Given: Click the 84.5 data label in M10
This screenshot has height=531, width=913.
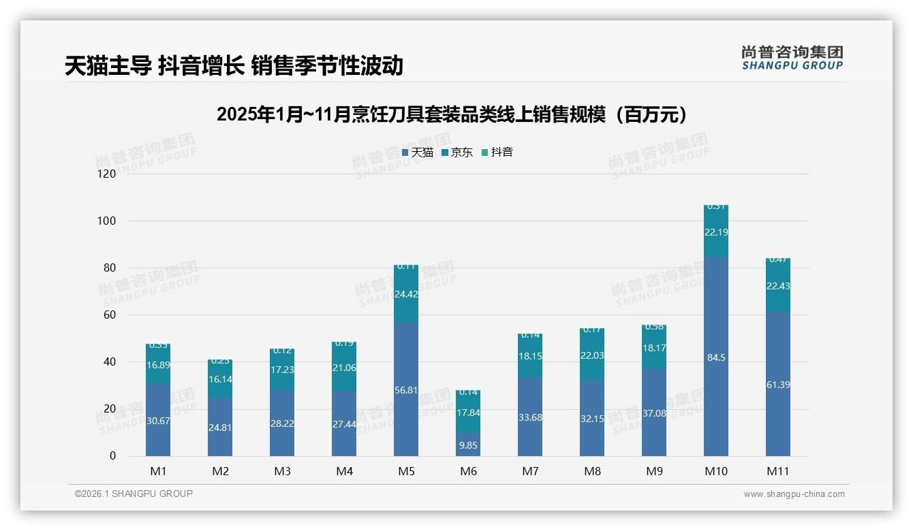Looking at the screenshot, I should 716,357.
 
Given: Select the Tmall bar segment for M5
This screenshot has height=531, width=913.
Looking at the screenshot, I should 406,415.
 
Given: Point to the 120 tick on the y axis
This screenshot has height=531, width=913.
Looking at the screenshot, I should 107,174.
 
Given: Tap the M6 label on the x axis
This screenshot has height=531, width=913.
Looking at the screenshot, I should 468,471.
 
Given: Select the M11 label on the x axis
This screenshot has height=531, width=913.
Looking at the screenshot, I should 778,471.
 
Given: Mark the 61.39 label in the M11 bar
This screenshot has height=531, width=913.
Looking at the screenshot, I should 778,385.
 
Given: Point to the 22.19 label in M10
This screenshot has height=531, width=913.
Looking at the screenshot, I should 716,233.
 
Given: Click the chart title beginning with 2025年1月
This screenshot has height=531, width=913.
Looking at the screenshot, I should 455,114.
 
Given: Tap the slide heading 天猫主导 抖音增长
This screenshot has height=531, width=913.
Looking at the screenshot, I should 234,65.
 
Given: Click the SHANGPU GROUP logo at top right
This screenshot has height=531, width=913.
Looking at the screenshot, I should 792,58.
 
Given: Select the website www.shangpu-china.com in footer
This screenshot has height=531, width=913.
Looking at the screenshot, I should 794,494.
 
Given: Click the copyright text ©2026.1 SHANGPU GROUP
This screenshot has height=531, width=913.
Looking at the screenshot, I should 134,494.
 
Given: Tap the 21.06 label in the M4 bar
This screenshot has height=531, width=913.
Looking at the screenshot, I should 344,368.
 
